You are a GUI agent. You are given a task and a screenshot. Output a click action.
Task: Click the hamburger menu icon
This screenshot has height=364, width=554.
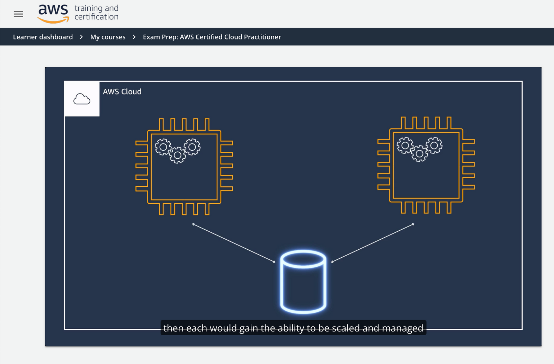(x=18, y=14)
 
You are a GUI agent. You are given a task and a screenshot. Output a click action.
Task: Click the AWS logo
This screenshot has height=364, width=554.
(x=53, y=14)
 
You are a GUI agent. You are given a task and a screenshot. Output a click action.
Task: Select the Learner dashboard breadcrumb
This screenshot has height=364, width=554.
(x=43, y=37)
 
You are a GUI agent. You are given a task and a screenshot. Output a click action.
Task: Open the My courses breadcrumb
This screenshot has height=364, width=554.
(x=108, y=37)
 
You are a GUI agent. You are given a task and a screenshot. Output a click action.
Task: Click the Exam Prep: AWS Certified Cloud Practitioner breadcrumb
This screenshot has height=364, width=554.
(x=212, y=37)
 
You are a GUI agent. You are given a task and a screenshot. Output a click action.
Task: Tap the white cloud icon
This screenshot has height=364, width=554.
(x=82, y=99)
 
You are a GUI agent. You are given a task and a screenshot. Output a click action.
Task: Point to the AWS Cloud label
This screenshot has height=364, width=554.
(x=122, y=91)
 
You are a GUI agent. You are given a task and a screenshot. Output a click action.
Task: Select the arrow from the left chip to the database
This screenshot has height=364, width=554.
(x=234, y=243)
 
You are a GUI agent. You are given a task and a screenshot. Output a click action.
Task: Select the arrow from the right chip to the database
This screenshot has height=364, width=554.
(x=373, y=243)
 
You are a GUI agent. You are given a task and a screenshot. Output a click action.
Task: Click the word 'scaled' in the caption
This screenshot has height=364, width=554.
(x=346, y=328)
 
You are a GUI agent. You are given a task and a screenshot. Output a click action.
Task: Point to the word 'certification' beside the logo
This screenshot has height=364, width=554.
(x=97, y=17)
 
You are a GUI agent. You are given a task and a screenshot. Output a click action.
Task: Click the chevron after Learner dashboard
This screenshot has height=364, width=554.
(x=81, y=37)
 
